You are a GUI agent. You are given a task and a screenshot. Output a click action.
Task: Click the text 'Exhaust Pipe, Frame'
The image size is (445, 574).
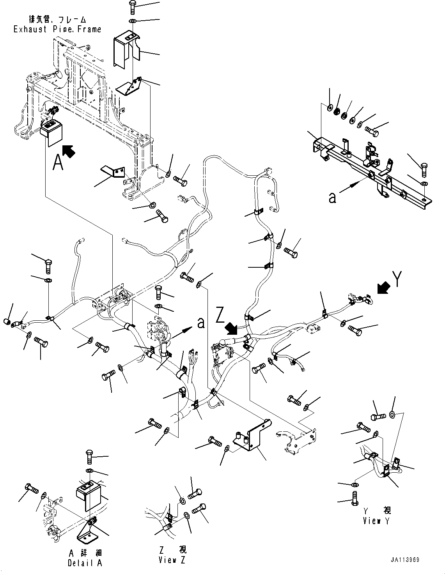[57, 29]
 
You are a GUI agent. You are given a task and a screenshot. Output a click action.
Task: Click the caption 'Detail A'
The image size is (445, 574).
[85, 563]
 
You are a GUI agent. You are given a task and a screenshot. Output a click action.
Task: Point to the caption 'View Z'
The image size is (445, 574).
[172, 560]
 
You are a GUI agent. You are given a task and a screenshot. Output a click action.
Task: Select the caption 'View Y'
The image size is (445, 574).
[376, 521]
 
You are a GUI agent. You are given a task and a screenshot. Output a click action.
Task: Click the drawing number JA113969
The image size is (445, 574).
[405, 560]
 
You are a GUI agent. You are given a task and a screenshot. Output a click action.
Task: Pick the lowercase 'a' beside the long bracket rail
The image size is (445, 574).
[332, 198]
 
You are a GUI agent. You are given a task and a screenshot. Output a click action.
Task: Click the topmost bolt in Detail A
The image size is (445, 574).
[89, 456]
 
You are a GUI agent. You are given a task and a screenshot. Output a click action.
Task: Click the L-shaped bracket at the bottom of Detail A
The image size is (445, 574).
[87, 534]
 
